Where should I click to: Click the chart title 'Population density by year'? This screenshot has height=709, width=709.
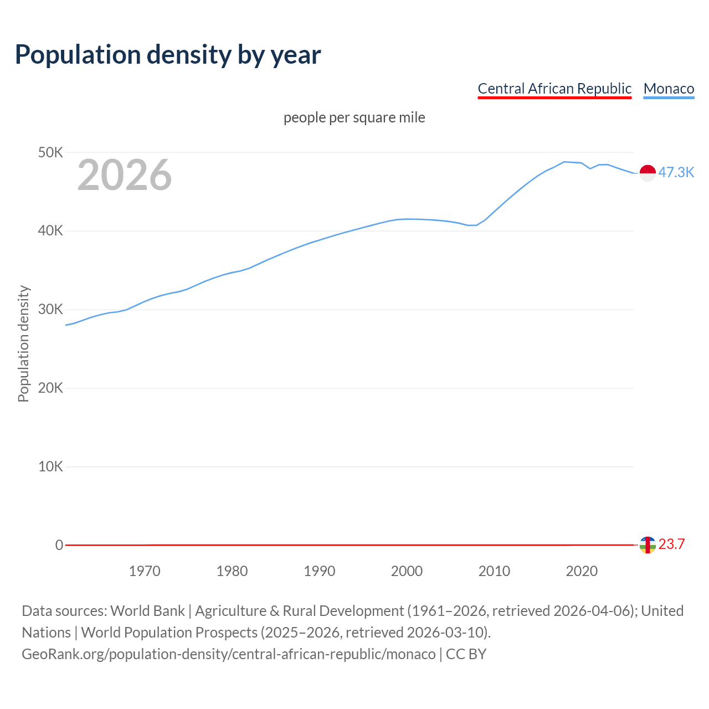pos(168,54)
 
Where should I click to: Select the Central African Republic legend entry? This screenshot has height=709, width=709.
pos(554,89)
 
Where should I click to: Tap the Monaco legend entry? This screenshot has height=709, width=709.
pos(669,89)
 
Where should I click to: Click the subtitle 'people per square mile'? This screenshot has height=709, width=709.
pos(354,117)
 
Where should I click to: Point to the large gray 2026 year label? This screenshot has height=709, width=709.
pos(125,175)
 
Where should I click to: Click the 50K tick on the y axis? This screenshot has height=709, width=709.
pos(50,152)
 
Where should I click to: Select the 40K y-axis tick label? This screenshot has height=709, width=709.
pos(50,231)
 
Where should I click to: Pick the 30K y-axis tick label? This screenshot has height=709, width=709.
pos(50,310)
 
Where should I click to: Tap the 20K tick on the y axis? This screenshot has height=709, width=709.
pos(50,388)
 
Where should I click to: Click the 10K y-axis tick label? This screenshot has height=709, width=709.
pos(50,467)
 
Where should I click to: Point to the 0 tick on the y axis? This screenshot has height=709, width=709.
pos(59,545)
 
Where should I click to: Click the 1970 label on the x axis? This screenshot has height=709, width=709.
pos(145,571)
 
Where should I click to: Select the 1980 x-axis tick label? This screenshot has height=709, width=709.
pos(232,571)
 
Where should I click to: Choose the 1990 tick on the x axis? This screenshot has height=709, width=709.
pos(320,571)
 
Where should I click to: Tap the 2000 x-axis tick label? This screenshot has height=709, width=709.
pos(407,571)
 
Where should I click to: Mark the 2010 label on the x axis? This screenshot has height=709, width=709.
pos(494,571)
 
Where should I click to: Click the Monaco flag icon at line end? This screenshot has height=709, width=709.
pos(648,173)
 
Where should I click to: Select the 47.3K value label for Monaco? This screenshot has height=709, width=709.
pos(676,172)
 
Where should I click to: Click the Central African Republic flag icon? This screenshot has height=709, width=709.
pos(648,545)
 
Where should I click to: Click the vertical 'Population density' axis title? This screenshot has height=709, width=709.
pos(23,343)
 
